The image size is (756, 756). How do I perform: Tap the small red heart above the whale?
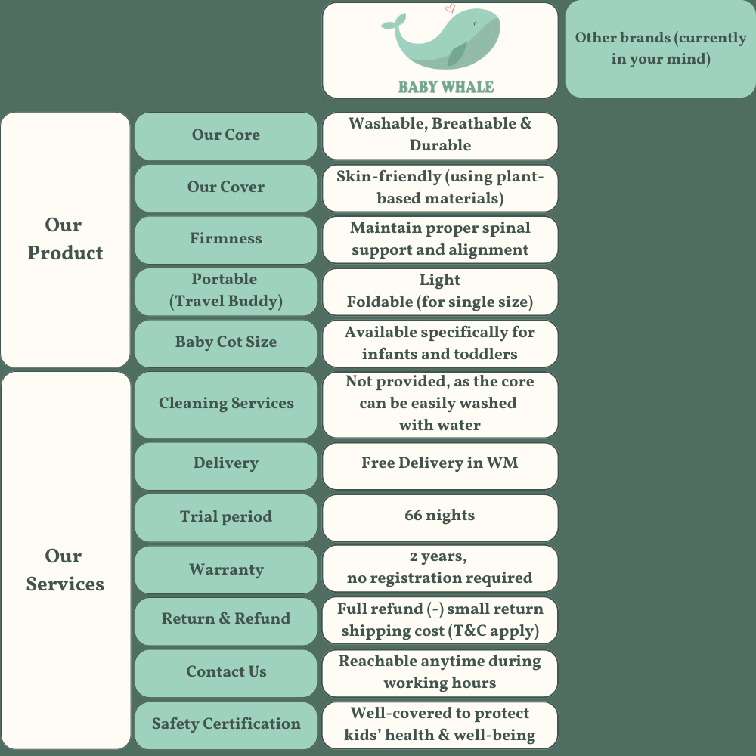click(x=451, y=9)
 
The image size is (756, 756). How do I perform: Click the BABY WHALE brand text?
click(x=446, y=87)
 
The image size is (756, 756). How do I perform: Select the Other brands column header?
click(x=660, y=48)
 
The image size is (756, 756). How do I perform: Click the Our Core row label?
click(x=225, y=135)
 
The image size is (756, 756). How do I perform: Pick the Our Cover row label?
click(x=225, y=187)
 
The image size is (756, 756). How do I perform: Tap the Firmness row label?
click(x=225, y=239)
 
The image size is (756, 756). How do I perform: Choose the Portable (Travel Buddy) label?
click(x=225, y=290)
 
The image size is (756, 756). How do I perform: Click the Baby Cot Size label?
click(x=225, y=342)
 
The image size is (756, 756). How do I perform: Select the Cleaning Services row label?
click(x=225, y=404)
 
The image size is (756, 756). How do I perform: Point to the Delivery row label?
click(x=225, y=463)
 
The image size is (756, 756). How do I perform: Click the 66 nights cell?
click(x=440, y=516)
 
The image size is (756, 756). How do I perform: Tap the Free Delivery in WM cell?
click(x=440, y=464)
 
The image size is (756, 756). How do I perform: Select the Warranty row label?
click(x=225, y=569)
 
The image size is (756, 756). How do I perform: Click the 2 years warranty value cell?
click(x=440, y=568)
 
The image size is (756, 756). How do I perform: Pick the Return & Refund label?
click(x=225, y=619)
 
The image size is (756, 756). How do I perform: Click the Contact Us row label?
click(x=225, y=672)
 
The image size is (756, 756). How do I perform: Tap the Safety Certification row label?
click(x=225, y=724)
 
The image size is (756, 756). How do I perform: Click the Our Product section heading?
click(x=65, y=239)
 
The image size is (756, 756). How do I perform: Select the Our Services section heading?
click(x=65, y=570)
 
